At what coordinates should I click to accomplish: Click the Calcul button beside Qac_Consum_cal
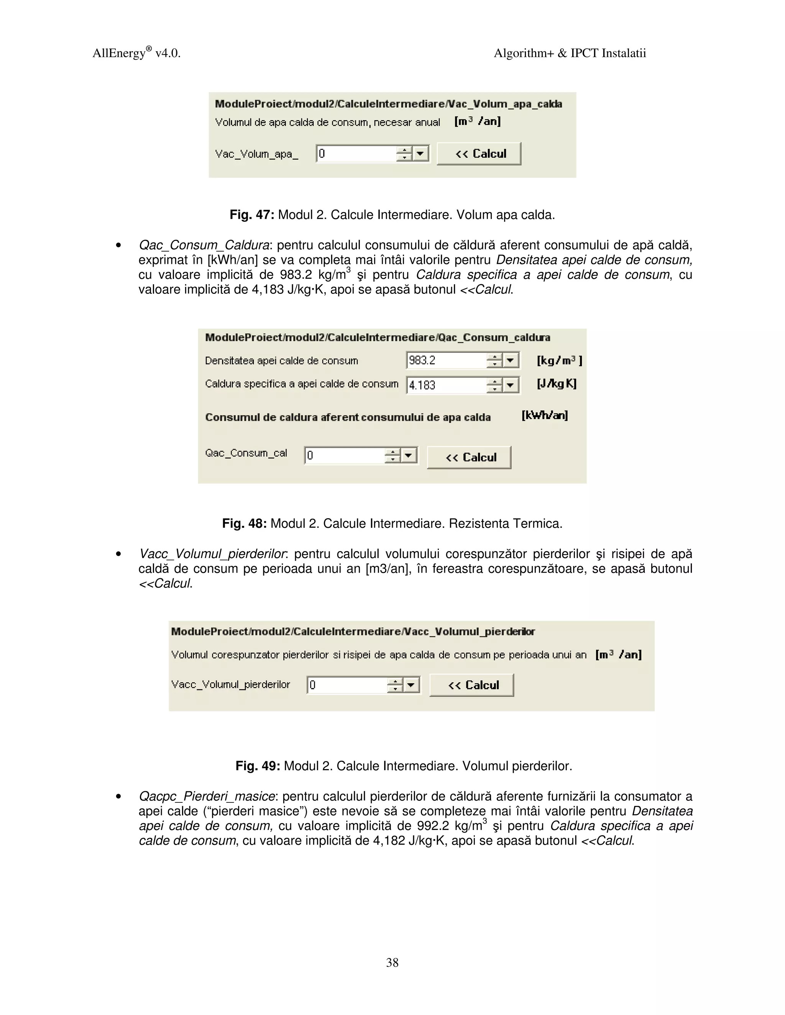click(469, 457)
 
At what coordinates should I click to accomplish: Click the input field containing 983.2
click(445, 360)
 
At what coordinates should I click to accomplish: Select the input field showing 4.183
click(445, 385)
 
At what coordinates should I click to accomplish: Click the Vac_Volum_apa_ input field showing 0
click(356, 154)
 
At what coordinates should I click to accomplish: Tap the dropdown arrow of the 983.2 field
click(511, 360)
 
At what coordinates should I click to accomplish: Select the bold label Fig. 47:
click(252, 215)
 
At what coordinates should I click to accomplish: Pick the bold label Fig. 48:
click(244, 524)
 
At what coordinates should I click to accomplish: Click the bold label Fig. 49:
click(258, 766)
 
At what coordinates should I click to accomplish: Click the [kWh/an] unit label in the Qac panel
click(545, 416)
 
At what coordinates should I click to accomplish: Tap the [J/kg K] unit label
click(556, 384)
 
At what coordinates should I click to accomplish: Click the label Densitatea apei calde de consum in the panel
click(281, 361)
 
